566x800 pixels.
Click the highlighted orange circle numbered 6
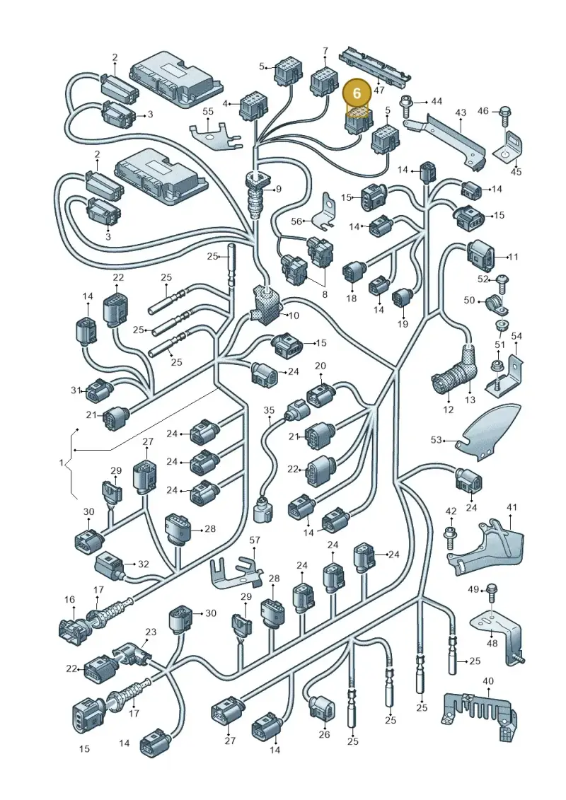click(x=357, y=93)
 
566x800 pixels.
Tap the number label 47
click(x=379, y=90)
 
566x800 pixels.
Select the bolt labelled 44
click(x=407, y=105)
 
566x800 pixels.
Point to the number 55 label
click(x=208, y=111)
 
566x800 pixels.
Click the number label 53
click(x=436, y=439)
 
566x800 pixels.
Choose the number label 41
click(x=512, y=507)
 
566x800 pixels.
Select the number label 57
click(x=254, y=540)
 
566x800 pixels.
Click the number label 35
click(x=269, y=410)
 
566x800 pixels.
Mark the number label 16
click(x=69, y=600)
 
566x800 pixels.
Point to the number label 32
click(x=144, y=564)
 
